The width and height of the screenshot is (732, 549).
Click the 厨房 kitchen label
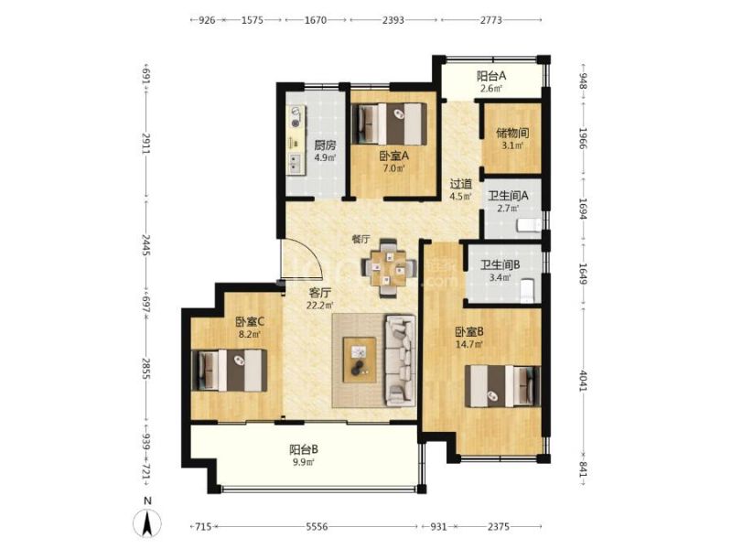coord(325,145)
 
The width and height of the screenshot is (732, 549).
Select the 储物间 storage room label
coord(512,133)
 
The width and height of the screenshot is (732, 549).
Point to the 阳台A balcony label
coord(491,76)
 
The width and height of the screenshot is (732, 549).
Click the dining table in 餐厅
coord(387,268)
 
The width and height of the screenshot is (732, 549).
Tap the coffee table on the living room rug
coord(360,360)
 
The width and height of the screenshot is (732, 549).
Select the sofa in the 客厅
coord(400,360)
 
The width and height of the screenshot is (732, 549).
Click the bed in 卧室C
coord(230,371)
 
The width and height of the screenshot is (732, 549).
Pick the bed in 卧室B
coord(502,386)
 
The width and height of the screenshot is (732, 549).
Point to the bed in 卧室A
coord(389,124)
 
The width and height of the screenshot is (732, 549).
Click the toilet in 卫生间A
coord(529,225)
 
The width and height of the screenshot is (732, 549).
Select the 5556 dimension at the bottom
coord(317,527)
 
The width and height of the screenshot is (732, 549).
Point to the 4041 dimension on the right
coord(583,382)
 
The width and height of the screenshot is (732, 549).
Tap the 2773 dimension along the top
coord(491,20)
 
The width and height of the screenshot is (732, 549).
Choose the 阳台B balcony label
coord(304,449)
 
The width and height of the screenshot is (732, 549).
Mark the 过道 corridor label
coord(461,185)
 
